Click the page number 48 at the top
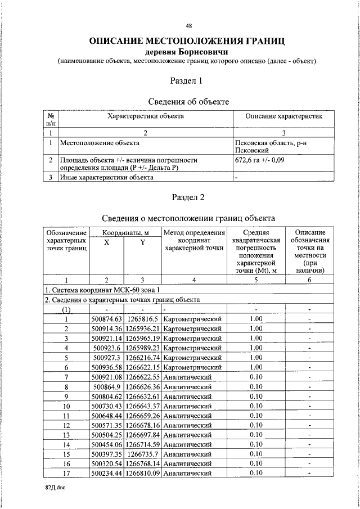pyautogui.click(x=189, y=26)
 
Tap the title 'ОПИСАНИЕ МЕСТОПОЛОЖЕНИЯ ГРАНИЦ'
pyautogui.click(x=187, y=41)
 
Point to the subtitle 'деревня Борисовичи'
pyautogui.click(x=186, y=52)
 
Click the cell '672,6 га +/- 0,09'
pyautogui.click(x=262, y=160)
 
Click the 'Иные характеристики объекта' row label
pyautogui.click(x=106, y=178)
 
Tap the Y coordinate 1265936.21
pyautogui.click(x=143, y=328)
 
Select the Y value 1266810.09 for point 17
pyautogui.click(x=143, y=474)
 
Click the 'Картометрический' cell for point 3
pyautogui.click(x=193, y=338)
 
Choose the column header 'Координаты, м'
pyautogui.click(x=125, y=232)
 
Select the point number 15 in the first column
pyautogui.click(x=66, y=454)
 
